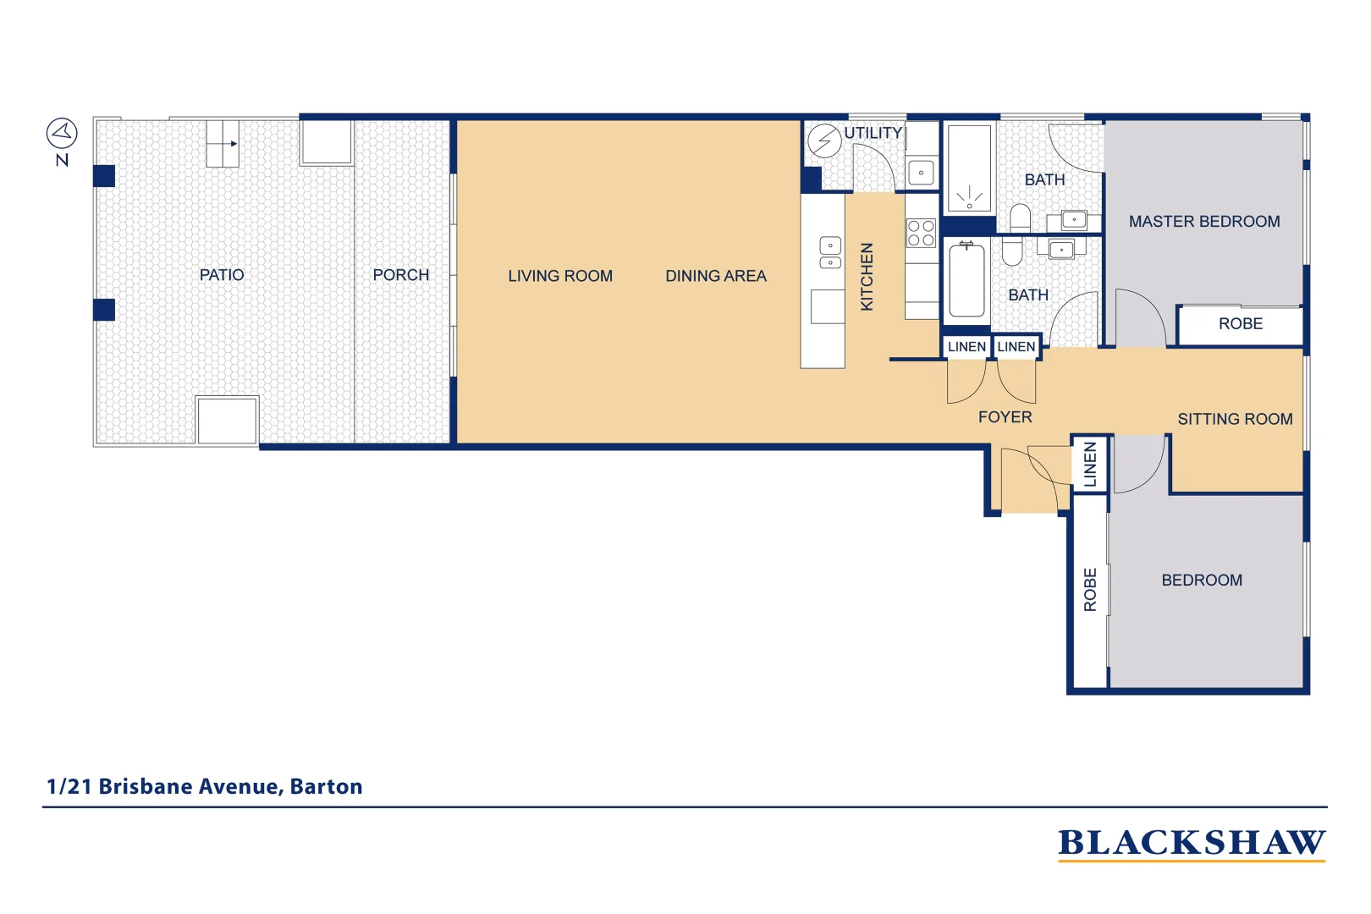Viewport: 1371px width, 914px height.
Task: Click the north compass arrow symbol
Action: (62, 133)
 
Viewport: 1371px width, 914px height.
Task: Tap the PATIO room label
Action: (222, 275)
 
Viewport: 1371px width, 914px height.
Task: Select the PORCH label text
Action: (400, 275)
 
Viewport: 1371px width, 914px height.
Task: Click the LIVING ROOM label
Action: (560, 276)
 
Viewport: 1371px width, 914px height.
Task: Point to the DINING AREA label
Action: (715, 276)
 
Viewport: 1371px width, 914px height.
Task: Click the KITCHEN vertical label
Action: (867, 277)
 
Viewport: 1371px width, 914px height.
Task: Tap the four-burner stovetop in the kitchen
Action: (921, 234)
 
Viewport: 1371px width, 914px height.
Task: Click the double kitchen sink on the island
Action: (830, 253)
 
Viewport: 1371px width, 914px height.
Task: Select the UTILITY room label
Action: (873, 133)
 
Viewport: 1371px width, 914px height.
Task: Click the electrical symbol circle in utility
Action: (823, 140)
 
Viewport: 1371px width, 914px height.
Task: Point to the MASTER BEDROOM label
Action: (1203, 222)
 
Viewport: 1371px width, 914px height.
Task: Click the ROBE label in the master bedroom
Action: (1240, 324)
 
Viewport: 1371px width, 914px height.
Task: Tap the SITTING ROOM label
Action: (1235, 419)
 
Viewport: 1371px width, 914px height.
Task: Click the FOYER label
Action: (1005, 417)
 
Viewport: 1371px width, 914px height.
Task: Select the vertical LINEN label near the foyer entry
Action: (1090, 463)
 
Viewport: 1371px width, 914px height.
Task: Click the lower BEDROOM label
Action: (1201, 581)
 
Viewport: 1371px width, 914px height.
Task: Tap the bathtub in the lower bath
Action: (966, 280)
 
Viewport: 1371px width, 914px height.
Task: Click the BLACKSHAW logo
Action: (1191, 843)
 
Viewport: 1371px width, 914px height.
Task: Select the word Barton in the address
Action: (326, 786)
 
